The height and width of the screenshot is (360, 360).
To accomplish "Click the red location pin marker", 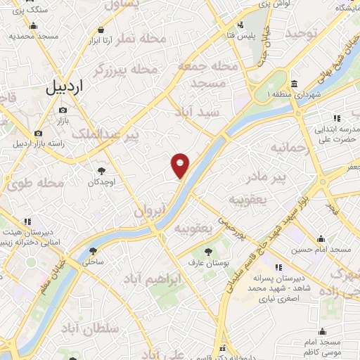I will (181, 165).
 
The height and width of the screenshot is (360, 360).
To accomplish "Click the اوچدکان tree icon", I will (102, 170).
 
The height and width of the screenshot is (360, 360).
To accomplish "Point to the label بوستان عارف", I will (208, 263).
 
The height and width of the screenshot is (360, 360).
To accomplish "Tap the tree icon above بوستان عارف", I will (208, 252).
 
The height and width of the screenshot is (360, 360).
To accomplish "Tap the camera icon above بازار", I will (63, 110).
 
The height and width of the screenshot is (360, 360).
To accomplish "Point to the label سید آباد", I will (200, 112).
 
